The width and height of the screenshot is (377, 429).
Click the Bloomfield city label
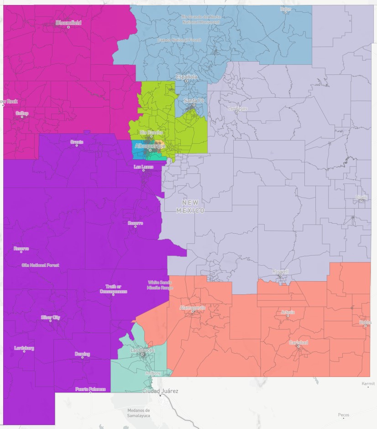[x=68, y=22]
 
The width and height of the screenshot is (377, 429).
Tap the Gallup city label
[x=22, y=113]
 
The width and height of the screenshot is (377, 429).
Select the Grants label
[x=77, y=142]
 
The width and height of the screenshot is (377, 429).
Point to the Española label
[x=187, y=77]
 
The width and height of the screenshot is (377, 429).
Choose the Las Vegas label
[x=237, y=108]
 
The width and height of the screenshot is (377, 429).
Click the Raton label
[x=286, y=9]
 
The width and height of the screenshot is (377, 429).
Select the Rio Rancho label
[x=151, y=132]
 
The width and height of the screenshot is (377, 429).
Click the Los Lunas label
[x=144, y=167]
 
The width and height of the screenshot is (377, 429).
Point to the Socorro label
[x=135, y=223]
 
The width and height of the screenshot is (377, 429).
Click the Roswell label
[x=281, y=272]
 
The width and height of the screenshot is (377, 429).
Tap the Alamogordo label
[x=192, y=308]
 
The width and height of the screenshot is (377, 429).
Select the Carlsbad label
[x=298, y=342]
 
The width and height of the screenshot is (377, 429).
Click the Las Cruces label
[x=142, y=350]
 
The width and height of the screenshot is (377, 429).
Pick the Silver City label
[x=50, y=317]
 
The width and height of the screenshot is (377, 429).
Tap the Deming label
[x=82, y=354]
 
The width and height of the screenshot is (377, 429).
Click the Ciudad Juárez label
[x=160, y=391]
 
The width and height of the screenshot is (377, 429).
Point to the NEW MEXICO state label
[x=191, y=206]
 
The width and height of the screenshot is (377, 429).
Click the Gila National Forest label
[x=40, y=265]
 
